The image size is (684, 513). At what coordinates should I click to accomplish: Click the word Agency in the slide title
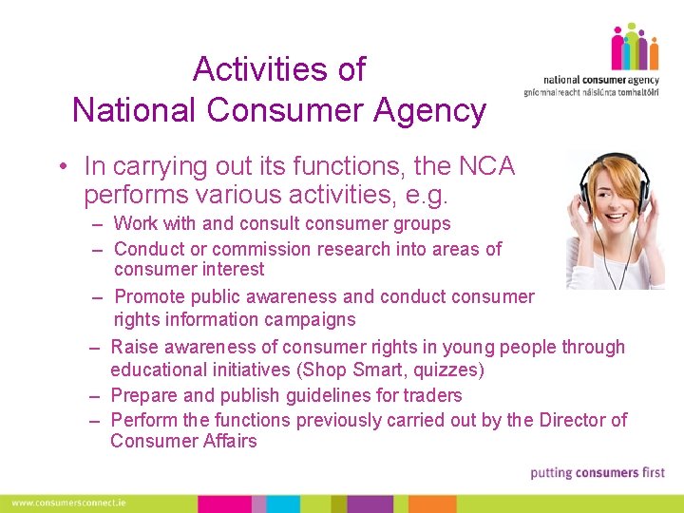pyautogui.click(x=430, y=111)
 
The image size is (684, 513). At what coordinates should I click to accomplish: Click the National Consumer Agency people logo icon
pyautogui.click(x=635, y=47)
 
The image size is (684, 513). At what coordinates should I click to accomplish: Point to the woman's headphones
pyautogui.click(x=646, y=189)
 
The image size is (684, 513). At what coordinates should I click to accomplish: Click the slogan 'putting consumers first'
pyautogui.click(x=597, y=473)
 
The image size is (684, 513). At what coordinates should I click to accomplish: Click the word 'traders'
pyautogui.click(x=433, y=395)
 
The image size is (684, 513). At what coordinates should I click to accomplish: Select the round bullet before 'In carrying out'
pyautogui.click(x=61, y=167)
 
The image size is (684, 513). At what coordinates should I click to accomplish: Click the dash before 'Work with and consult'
pyautogui.click(x=98, y=225)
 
